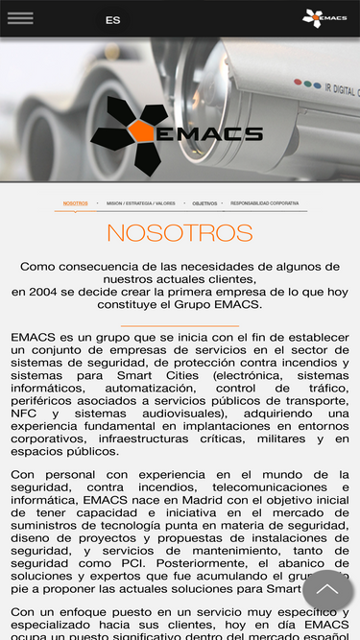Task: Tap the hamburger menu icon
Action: coord(20,18)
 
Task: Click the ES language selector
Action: coord(113,19)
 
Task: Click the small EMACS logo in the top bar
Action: coord(324,17)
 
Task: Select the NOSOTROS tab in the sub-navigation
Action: coord(75,203)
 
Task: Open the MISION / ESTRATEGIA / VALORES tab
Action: coord(141,203)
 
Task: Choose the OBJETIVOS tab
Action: coord(204,203)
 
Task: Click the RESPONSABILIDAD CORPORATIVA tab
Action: coord(264,203)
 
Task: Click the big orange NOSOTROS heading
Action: coord(180,233)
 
